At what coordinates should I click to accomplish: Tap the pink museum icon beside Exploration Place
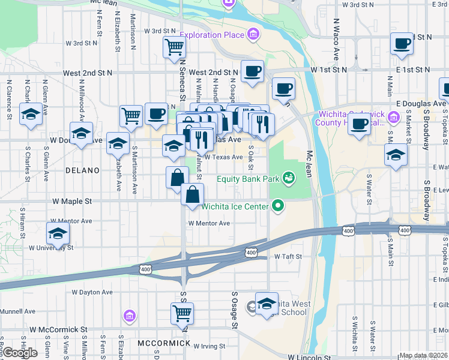click(x=253, y=34)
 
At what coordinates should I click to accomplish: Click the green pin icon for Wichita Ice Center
click(x=277, y=206)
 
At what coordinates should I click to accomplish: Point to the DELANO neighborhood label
click(x=82, y=171)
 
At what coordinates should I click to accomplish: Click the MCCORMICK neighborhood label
click(x=164, y=343)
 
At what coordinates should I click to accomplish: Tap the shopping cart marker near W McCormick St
click(x=182, y=312)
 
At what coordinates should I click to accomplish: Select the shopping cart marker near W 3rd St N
click(x=174, y=46)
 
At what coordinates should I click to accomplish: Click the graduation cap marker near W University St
click(x=58, y=233)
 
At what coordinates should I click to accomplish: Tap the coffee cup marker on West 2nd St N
click(x=252, y=71)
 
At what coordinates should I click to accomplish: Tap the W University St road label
click(x=51, y=247)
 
